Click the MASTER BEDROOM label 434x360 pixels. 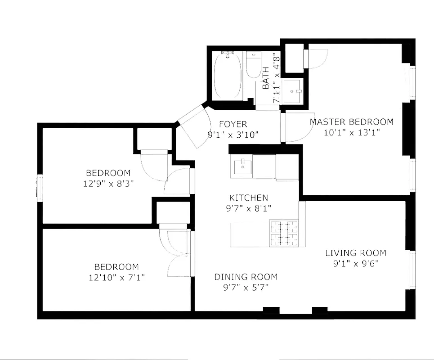point(351,121)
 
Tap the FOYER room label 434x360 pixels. point(233,124)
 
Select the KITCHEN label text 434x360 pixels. point(248,198)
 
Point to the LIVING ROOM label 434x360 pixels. point(355,253)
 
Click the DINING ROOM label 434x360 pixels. point(246,277)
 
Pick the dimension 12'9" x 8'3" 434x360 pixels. point(108,183)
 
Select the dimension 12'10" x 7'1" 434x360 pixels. point(116,277)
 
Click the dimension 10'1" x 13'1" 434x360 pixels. point(351,132)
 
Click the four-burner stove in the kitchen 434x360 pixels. point(284,233)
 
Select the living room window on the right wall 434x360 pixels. point(412,270)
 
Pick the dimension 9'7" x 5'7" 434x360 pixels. point(246,288)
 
